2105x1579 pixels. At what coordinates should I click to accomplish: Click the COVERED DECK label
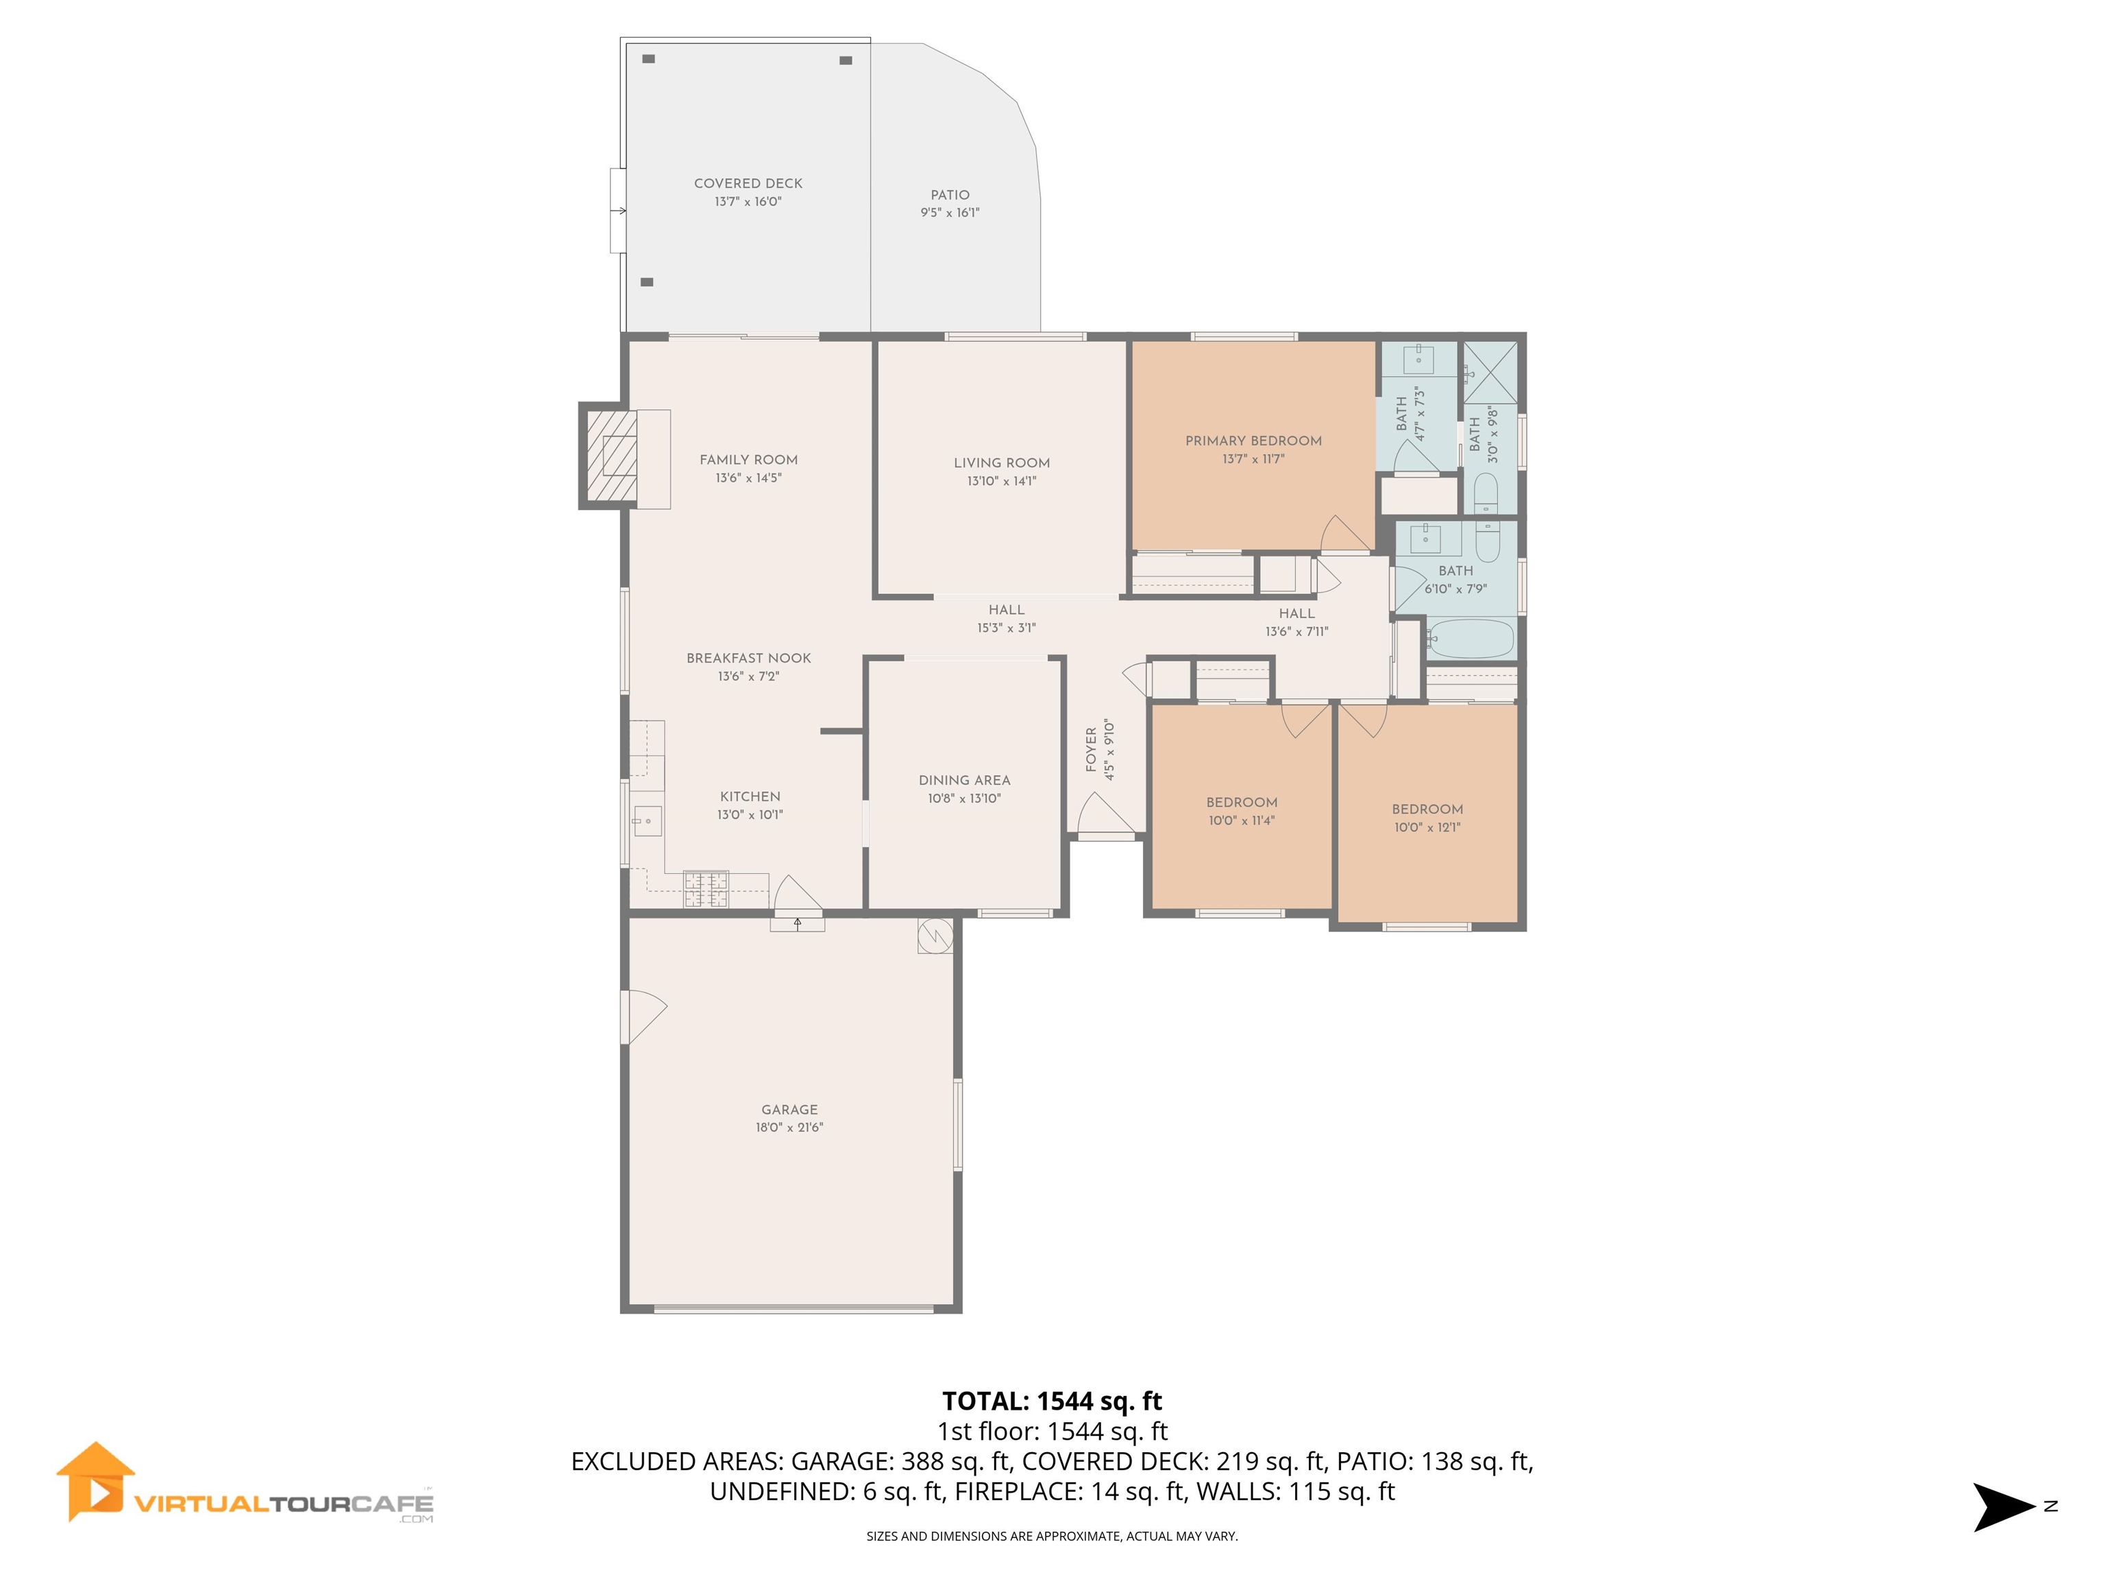point(748,183)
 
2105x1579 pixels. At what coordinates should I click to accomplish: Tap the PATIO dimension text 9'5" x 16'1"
point(949,212)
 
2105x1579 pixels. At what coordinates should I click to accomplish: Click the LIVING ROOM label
point(1001,463)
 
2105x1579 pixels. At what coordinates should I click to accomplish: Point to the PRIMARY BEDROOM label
point(1253,441)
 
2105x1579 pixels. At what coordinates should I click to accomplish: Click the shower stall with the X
point(1489,372)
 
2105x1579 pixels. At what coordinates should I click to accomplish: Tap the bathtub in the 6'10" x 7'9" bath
point(1470,639)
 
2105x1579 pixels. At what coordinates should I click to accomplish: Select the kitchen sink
point(647,820)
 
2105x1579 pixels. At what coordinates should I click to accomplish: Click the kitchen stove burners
point(706,889)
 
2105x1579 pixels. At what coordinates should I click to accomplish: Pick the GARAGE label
point(789,1109)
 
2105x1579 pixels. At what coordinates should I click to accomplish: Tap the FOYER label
point(1091,749)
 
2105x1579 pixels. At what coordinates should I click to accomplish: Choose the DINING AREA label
point(964,779)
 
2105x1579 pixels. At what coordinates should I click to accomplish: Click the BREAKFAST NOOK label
point(749,658)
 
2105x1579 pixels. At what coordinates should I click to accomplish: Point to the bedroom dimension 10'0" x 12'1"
point(1427,827)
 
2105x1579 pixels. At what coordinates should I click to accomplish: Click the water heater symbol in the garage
point(935,935)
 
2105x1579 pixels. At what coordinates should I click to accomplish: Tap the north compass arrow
point(2003,1506)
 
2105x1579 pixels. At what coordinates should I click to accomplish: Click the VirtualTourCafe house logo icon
point(95,1481)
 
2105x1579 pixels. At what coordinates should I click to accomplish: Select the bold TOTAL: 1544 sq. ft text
point(1052,1401)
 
